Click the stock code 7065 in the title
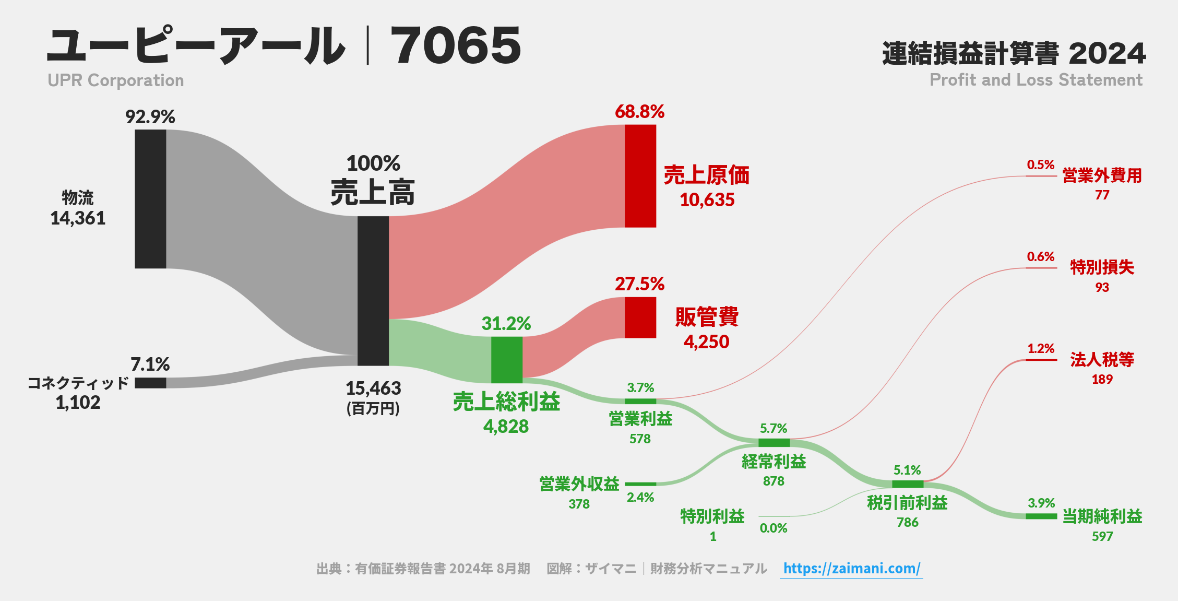455,46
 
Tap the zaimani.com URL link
851,568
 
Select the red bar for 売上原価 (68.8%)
640,176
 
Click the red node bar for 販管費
640,317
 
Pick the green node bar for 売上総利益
506,360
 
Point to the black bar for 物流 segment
150,199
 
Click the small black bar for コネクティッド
150,383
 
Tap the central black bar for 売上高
373,291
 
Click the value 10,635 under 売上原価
707,200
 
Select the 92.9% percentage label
150,117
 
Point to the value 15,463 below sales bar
373,388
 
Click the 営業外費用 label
1102,175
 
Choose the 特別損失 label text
1102,267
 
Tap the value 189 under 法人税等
1102,380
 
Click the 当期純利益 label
1102,516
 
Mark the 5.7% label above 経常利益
773,429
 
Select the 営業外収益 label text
579,484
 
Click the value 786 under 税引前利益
907,523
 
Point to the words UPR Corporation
115,80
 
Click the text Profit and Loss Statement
1036,80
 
